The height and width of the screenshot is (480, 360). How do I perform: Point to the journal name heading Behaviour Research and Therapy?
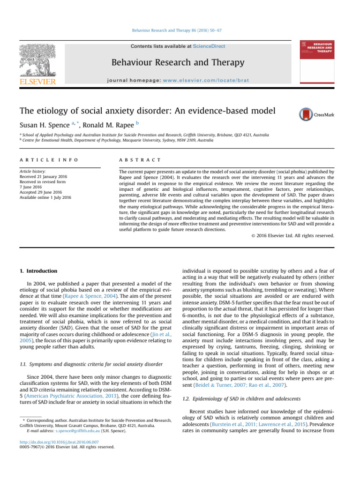[178, 62]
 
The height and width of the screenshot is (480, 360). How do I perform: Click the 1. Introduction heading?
[38, 271]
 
